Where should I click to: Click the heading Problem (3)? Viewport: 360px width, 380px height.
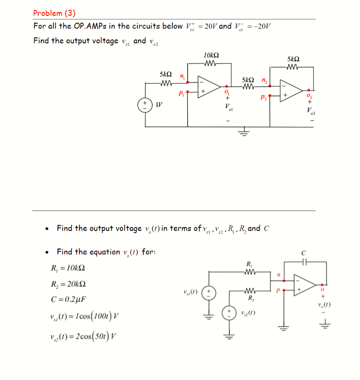[x=54, y=13]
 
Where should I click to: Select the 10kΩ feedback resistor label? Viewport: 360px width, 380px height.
[x=211, y=55]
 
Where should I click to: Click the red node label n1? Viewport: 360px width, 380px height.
[x=182, y=77]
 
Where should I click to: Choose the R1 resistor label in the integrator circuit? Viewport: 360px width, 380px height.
[x=249, y=265]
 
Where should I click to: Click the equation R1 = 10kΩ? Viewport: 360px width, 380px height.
[x=70, y=268]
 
